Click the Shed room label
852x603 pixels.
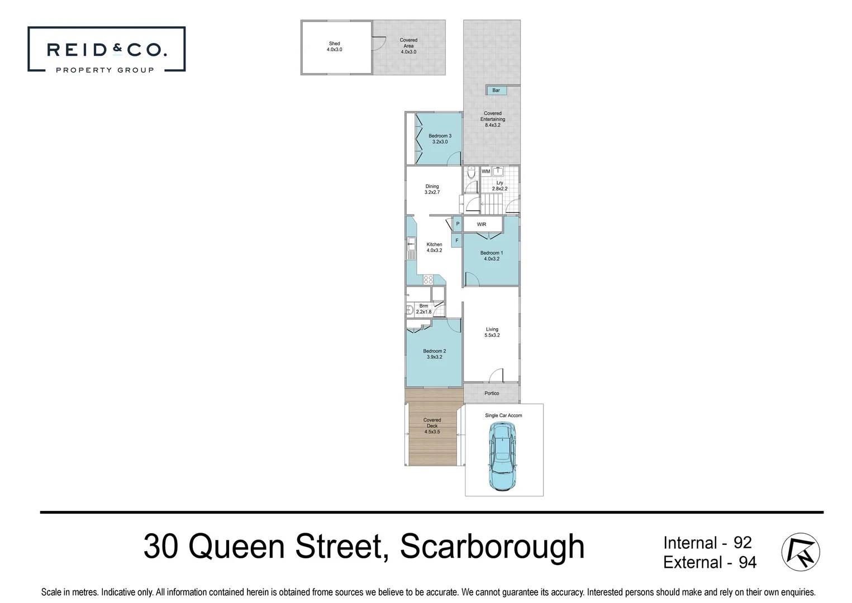click(x=334, y=46)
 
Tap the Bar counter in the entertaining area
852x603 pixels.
click(x=496, y=90)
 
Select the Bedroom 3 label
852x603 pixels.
click(x=440, y=138)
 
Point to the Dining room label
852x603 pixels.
click(x=432, y=189)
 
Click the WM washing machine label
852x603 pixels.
click(x=486, y=171)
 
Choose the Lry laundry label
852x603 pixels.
click(x=499, y=186)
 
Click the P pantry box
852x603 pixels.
click(x=458, y=224)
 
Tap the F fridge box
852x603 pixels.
click(x=457, y=241)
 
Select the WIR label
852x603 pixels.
click(x=482, y=224)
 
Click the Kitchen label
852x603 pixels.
click(x=434, y=247)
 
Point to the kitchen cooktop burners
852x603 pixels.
click(x=429, y=280)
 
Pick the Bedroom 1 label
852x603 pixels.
click(x=492, y=256)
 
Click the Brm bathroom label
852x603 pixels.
click(x=423, y=309)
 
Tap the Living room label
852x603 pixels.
click(x=492, y=332)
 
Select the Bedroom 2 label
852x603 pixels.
click(x=434, y=354)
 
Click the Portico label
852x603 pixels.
click(x=492, y=393)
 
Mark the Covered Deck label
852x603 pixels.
click(x=432, y=425)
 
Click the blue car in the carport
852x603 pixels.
click(x=503, y=456)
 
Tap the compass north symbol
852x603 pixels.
click(x=801, y=552)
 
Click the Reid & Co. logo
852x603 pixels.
click(x=106, y=49)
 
